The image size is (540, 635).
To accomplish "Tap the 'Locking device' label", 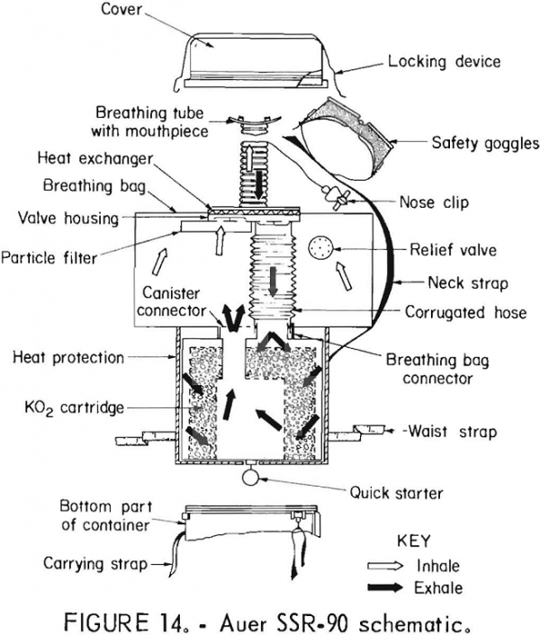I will (x=444, y=62).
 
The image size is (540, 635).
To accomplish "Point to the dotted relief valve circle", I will (x=320, y=246).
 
